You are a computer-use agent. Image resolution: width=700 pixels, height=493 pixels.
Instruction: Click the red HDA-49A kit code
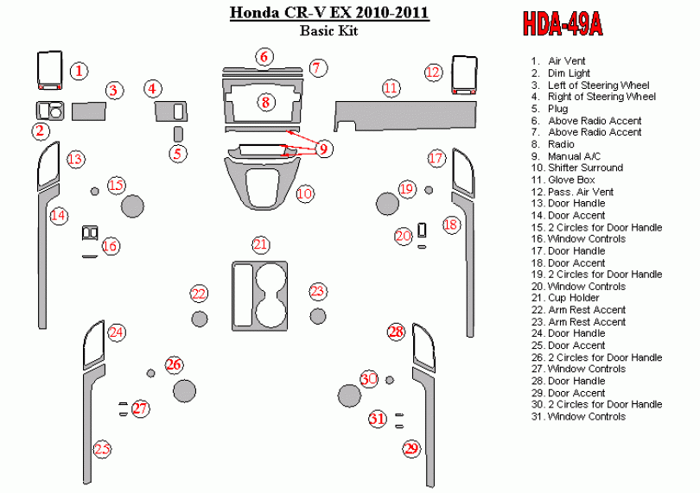(563, 23)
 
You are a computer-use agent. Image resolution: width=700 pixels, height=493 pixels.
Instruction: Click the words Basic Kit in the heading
(329, 30)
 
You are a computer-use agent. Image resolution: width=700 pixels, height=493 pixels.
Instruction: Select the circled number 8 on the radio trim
(265, 102)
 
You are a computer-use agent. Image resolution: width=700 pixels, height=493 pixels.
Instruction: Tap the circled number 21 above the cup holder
(260, 244)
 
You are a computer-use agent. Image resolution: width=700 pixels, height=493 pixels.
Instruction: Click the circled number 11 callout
(391, 88)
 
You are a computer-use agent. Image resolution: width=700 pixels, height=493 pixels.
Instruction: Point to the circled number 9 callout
(324, 149)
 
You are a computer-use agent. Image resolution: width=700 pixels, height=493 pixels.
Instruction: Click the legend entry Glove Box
(563, 180)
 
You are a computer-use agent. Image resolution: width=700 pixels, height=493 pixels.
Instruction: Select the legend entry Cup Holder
(565, 298)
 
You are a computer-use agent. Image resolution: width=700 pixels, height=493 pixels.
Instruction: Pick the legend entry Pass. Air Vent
(572, 192)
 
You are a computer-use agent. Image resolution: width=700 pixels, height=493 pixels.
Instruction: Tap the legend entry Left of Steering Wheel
(590, 85)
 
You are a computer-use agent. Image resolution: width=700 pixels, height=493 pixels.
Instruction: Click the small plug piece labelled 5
(178, 134)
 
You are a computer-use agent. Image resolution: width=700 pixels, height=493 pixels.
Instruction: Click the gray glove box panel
(405, 115)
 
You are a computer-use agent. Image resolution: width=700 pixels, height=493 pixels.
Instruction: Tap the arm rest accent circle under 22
(199, 319)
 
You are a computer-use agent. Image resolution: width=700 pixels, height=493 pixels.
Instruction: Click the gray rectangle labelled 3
(89, 111)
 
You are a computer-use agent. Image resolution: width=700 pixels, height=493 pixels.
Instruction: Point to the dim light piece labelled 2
(49, 111)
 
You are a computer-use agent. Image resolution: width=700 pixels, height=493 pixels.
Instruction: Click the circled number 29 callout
(411, 448)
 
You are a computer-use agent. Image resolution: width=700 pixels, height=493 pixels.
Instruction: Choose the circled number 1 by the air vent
(79, 71)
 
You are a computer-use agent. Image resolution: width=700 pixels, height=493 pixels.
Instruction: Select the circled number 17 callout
(436, 158)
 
